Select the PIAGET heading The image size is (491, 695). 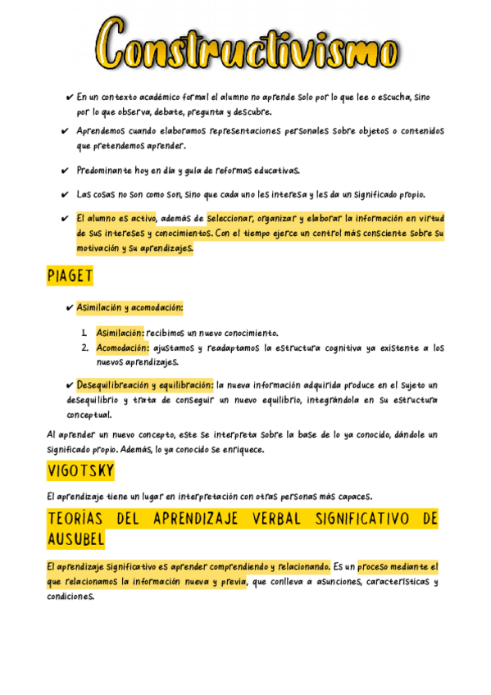[70, 276]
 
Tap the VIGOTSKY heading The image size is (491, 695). [80, 471]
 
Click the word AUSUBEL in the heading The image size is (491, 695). [75, 539]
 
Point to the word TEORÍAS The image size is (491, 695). [81, 519]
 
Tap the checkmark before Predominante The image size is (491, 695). [65, 171]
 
